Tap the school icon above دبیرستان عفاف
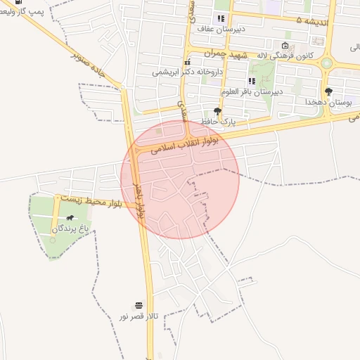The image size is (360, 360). pyautogui.click(x=221, y=19)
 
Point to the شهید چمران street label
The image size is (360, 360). pyautogui.click(x=227, y=54)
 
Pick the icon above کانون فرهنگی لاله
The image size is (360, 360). pyautogui.click(x=285, y=46)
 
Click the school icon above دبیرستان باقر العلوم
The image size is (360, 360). pyautogui.click(x=252, y=81)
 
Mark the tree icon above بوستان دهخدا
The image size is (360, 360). pyautogui.click(x=328, y=91)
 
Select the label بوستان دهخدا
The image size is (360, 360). pyautogui.click(x=328, y=103)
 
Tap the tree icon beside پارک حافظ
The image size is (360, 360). pyautogui.click(x=217, y=111)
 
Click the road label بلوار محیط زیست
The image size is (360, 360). pyautogui.click(x=91, y=202)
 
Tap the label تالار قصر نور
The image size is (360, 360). pyautogui.click(x=139, y=317)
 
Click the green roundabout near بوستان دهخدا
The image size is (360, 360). pyautogui.click(x=327, y=64)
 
